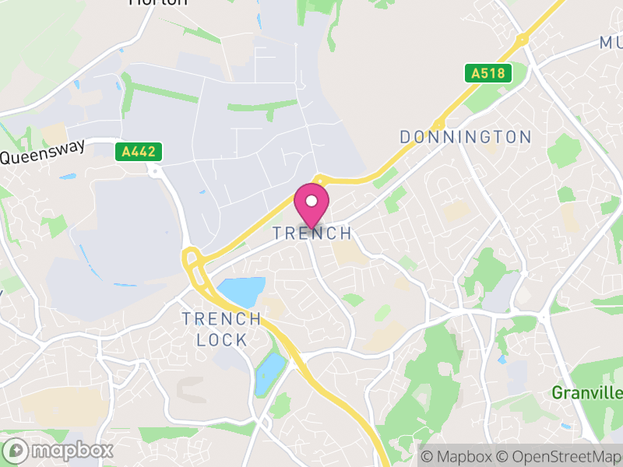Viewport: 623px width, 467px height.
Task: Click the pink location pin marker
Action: tap(311, 205)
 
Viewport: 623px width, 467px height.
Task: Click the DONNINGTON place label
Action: tap(466, 138)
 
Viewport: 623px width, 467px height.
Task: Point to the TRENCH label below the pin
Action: tap(312, 233)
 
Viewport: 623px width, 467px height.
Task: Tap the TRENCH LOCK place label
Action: tap(222, 329)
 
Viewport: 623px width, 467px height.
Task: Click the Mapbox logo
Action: tap(59, 450)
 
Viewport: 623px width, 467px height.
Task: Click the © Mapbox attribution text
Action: tap(457, 456)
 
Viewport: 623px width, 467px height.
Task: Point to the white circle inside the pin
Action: tap(311, 201)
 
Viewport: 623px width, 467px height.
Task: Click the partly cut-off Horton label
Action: tap(158, 2)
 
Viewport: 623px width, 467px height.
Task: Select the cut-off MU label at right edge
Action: tap(610, 42)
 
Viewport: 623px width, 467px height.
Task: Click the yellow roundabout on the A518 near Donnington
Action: tap(439, 124)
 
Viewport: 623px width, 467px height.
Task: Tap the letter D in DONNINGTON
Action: tap(405, 138)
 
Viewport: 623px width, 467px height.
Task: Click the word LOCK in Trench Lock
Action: tap(222, 340)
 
